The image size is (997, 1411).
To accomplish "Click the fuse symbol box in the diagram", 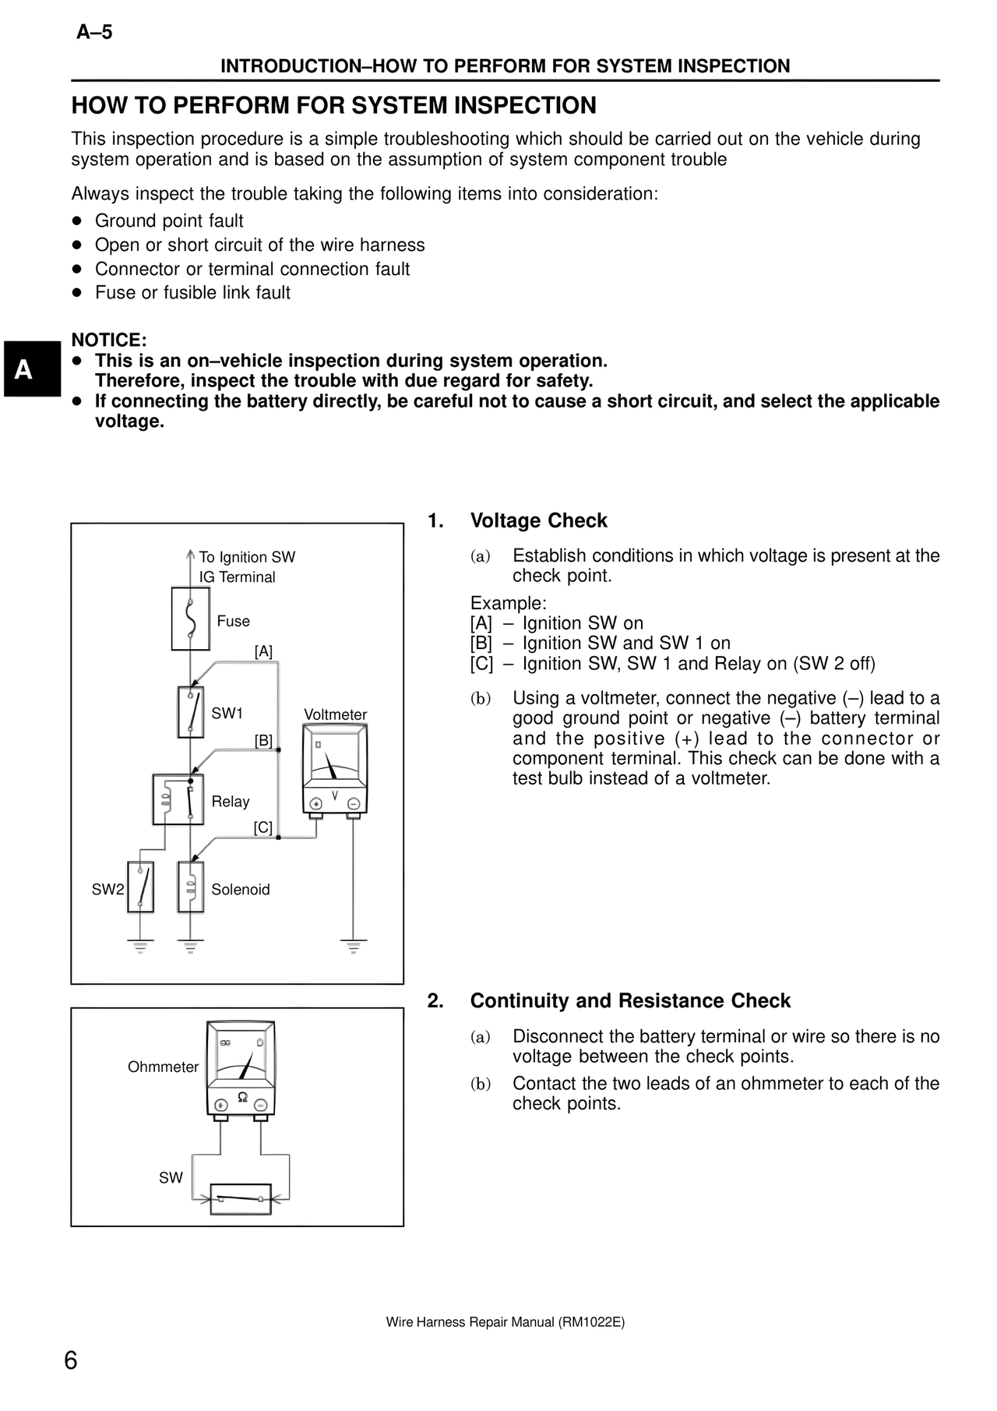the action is [191, 619].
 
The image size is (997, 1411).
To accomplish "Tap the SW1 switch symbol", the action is [191, 711].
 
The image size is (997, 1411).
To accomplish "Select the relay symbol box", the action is [178, 799].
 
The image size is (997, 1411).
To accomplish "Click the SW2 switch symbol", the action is [140, 887].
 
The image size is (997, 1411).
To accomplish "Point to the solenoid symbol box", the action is [191, 887].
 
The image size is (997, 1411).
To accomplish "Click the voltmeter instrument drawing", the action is [335, 771].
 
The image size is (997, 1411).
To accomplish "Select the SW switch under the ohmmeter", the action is [241, 1198].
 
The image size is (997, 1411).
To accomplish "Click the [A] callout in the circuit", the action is [263, 651].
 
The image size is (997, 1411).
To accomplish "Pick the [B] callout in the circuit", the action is [263, 740].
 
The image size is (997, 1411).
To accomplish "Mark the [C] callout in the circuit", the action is [263, 827].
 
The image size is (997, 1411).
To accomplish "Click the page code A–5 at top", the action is [94, 32].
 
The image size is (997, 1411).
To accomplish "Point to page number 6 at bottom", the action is [71, 1360].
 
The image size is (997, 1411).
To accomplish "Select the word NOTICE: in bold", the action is [109, 340].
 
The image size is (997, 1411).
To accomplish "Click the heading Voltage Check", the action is [538, 520].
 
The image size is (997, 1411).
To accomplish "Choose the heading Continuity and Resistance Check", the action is [630, 1001].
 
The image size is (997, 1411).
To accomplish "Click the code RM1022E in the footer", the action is [591, 1322].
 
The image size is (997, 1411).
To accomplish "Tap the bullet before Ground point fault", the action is [76, 221].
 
